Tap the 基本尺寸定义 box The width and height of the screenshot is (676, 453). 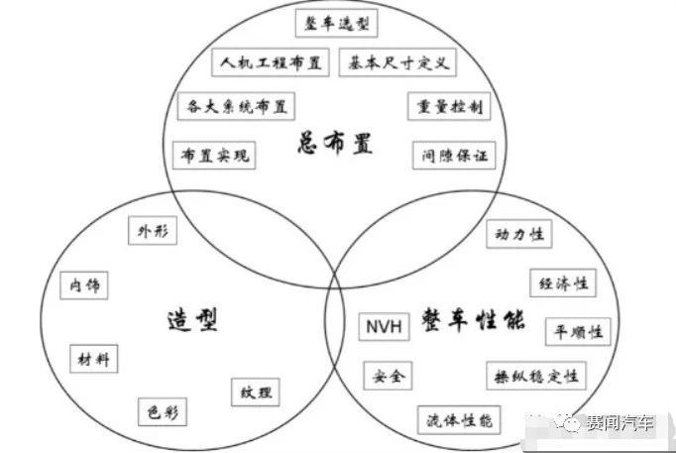point(396,62)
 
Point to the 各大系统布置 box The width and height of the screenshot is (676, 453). point(235,105)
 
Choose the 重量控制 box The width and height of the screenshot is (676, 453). point(447,106)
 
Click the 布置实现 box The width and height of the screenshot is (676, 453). point(212,156)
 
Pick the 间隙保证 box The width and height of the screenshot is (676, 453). point(453,156)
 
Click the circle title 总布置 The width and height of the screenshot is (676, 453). point(335,145)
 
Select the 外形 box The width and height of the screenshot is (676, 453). point(153,233)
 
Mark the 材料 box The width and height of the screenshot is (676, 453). point(95,358)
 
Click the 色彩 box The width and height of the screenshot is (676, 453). point(162,410)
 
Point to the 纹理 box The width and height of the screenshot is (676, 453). point(255,392)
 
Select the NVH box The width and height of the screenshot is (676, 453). point(383,325)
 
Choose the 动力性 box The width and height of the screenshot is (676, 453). point(520,235)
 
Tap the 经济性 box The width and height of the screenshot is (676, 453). point(562,283)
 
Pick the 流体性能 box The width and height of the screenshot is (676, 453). point(458,420)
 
